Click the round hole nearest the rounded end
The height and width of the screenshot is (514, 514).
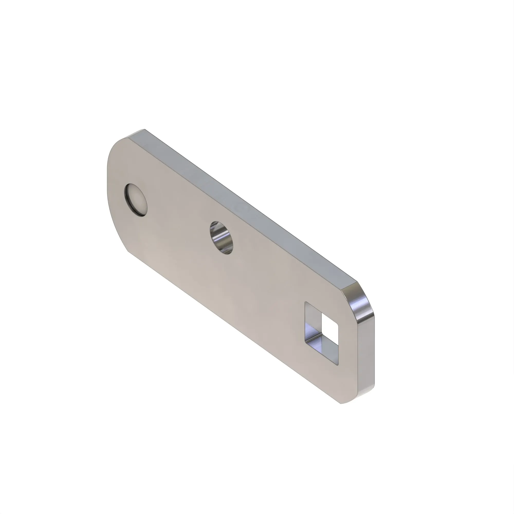[x=135, y=200]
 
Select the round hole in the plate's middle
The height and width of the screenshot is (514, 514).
[x=222, y=237]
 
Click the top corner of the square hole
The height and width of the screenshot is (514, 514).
[x=306, y=302]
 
